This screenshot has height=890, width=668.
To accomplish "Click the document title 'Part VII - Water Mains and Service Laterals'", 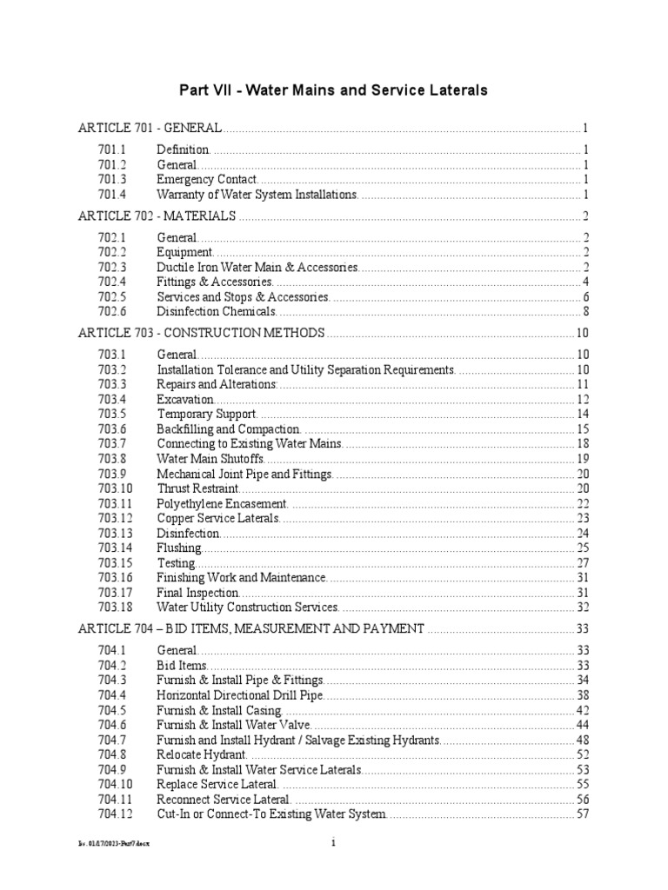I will point(333,90).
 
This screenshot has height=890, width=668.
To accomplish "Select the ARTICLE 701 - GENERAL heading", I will point(150,128).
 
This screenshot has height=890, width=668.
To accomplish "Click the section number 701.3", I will point(112,179).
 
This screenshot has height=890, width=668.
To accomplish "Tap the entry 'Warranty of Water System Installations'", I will point(257,194).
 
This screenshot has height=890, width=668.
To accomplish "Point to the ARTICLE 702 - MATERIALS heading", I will point(157,216).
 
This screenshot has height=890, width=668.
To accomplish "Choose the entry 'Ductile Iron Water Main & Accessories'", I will point(257,267).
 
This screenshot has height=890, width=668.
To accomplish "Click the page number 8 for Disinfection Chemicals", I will point(587,311).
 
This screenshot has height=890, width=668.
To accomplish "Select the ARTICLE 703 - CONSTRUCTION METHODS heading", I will point(202,333).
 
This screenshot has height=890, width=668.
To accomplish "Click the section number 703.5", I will point(112,414).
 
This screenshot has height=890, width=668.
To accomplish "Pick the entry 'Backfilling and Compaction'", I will point(228,429).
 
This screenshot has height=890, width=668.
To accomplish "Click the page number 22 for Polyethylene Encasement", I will point(583,503).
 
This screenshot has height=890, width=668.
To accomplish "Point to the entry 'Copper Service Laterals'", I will point(217,518).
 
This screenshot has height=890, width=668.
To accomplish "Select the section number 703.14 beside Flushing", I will point(116,548).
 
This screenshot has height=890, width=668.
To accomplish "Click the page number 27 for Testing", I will point(583,562).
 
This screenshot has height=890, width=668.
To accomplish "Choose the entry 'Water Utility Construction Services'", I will point(247,607).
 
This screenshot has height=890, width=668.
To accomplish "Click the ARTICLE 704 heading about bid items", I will point(251,628).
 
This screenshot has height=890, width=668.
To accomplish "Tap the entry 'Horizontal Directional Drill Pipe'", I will point(243,695).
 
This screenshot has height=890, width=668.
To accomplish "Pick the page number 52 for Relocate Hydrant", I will point(583,754).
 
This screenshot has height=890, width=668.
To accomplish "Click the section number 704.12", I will point(116,814).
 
